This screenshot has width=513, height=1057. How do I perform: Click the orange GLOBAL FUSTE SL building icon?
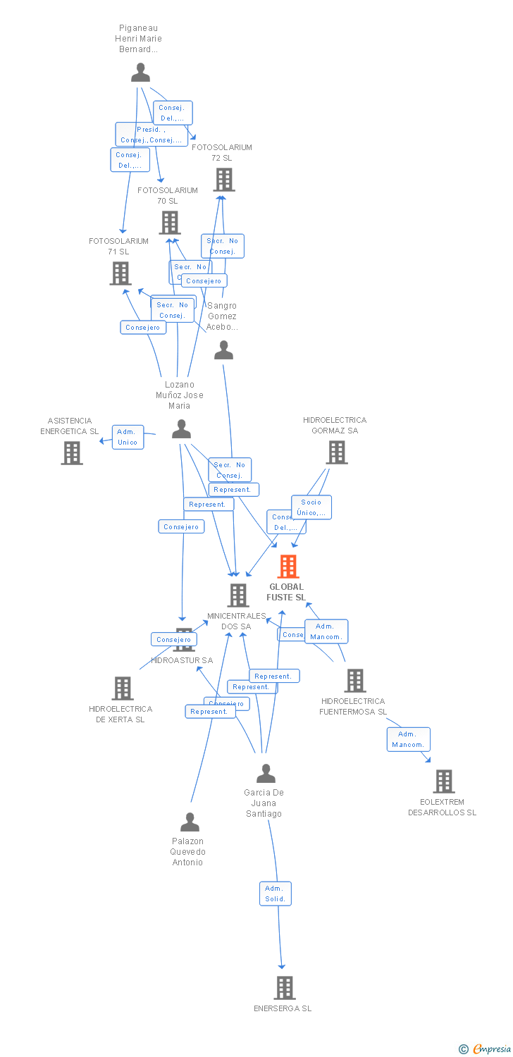click(288, 567)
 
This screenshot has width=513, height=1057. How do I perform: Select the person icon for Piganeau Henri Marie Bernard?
click(141, 73)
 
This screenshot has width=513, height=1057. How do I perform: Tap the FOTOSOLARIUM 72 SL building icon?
click(224, 180)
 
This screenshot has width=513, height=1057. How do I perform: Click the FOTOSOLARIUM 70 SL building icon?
click(170, 223)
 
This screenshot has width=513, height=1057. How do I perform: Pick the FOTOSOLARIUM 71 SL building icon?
click(120, 273)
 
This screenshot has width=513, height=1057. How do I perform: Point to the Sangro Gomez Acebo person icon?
click(223, 350)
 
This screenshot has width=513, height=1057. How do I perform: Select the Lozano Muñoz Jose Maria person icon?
click(182, 429)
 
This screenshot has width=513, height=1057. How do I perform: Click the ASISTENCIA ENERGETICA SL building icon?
click(72, 453)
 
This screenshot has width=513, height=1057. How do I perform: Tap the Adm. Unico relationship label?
click(128, 437)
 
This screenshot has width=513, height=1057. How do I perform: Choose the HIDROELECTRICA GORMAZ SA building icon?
click(337, 452)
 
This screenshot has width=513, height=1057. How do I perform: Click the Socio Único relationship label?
click(311, 507)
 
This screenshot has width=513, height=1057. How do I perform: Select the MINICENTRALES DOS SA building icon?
click(238, 595)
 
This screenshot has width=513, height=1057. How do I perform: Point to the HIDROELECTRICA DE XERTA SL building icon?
click(123, 688)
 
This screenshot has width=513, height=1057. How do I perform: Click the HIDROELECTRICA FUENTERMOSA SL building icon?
click(354, 681)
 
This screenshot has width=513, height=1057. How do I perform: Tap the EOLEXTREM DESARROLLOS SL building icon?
click(443, 781)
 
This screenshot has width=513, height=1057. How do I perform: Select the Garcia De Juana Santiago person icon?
click(266, 774)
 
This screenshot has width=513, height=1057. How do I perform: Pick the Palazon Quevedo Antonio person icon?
click(190, 822)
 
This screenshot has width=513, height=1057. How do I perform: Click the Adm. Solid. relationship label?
click(275, 894)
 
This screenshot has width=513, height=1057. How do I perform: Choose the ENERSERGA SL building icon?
click(285, 988)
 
